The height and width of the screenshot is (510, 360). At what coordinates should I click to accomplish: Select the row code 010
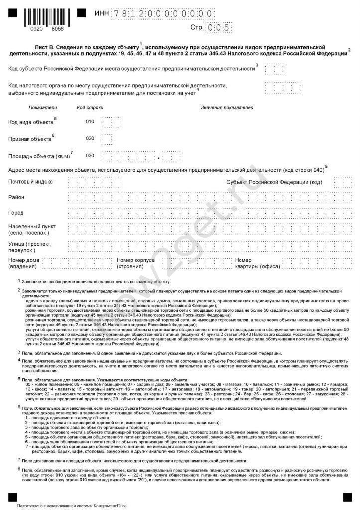[x=90, y=122]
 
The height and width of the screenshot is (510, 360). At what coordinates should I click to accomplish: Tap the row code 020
[x=90, y=138]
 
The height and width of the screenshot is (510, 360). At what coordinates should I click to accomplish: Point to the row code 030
[x=90, y=156]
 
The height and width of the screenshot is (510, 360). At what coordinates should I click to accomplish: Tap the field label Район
[x=16, y=198]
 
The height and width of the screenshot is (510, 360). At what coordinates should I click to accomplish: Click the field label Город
[x=16, y=213]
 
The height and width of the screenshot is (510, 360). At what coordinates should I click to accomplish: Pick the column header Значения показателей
[x=227, y=107]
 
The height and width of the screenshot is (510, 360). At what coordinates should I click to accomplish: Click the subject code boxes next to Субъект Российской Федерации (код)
[x=342, y=183]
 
